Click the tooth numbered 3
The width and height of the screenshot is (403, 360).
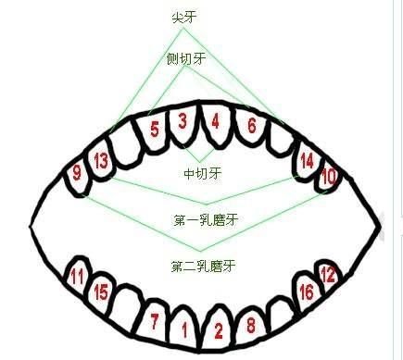pyautogui.click(x=183, y=121)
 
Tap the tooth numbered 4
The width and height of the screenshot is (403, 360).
pyautogui.click(x=215, y=121)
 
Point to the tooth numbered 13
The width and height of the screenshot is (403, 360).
pyautogui.click(x=101, y=161)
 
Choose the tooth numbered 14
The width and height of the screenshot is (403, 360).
pyautogui.click(x=306, y=160)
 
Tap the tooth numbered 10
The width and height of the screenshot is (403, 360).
pyautogui.click(x=328, y=174)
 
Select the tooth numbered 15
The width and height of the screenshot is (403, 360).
pyautogui.click(x=101, y=293)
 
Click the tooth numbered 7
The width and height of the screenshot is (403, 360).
pyautogui.click(x=154, y=321)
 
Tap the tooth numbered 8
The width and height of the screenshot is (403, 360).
pyautogui.click(x=250, y=324)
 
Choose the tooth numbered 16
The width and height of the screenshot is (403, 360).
pyautogui.click(x=306, y=292)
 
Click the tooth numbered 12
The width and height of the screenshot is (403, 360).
pyautogui.click(x=327, y=275)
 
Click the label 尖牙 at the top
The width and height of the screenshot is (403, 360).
pyautogui.click(x=183, y=16)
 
